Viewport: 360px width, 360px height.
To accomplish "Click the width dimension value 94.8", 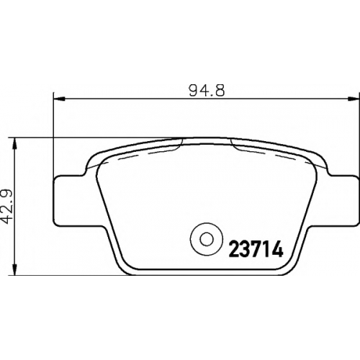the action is click(x=207, y=91).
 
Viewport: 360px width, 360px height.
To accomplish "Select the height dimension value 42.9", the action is click(x=7, y=206).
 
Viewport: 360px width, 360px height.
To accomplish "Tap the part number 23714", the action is click(x=256, y=249).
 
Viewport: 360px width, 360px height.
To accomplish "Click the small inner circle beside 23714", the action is click(x=207, y=239).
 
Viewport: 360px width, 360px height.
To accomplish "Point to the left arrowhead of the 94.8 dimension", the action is click(x=59, y=98).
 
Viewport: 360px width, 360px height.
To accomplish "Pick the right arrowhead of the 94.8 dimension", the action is click(x=353, y=98).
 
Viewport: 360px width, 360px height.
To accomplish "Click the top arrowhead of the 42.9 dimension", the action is click(x=15, y=143).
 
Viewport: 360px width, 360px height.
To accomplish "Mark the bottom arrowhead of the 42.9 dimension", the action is click(x=15, y=269).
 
